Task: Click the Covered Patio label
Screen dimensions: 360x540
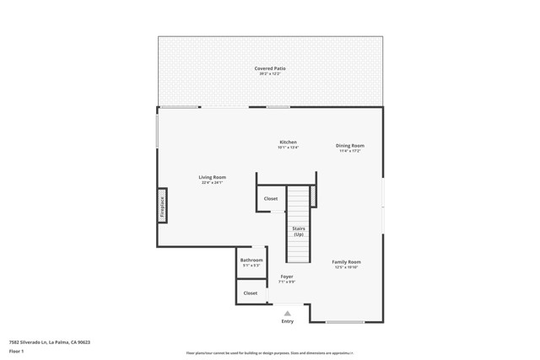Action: coord(270,68)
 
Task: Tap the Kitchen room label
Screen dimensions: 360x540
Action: coord(288,142)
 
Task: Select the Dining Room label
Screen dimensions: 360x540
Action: coord(350,146)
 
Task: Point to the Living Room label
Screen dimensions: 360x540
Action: coord(212,177)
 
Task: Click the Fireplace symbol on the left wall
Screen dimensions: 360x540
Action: coord(162,205)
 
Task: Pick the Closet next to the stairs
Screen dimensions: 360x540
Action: coord(270,199)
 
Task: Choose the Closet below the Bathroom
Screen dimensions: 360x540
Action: coord(251,293)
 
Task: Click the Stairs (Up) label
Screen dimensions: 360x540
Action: coord(298,231)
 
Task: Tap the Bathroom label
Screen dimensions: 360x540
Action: coord(251,260)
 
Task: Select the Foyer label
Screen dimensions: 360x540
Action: coord(287,276)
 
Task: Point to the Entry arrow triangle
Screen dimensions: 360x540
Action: coord(287,313)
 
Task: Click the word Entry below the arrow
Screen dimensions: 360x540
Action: coord(288,321)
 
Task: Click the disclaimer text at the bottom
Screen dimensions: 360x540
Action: coord(270,352)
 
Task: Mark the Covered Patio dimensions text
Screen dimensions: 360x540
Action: coord(270,74)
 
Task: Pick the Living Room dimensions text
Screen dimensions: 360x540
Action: coord(212,182)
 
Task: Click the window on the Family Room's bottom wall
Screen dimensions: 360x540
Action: coord(345,322)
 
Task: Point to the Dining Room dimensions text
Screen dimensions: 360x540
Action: coord(350,151)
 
